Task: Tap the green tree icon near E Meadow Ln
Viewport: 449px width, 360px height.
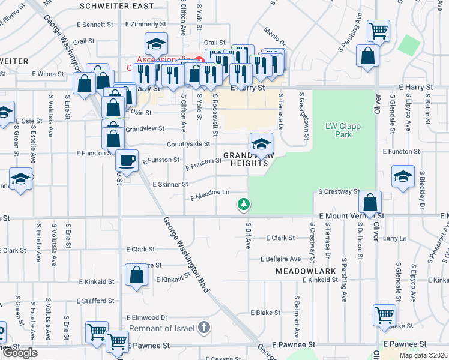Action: click(243, 205)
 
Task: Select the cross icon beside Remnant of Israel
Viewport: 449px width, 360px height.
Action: click(204, 328)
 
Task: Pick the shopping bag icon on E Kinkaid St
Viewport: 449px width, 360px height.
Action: click(137, 275)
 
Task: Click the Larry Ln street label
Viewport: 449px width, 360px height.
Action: click(394, 238)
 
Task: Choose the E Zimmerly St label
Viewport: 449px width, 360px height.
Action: click(146, 24)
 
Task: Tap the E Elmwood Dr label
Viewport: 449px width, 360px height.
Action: click(146, 317)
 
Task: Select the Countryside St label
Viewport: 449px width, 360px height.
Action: click(188, 144)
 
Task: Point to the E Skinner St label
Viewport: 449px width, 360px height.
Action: click(170, 184)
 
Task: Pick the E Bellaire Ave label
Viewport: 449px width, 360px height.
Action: click(281, 259)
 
